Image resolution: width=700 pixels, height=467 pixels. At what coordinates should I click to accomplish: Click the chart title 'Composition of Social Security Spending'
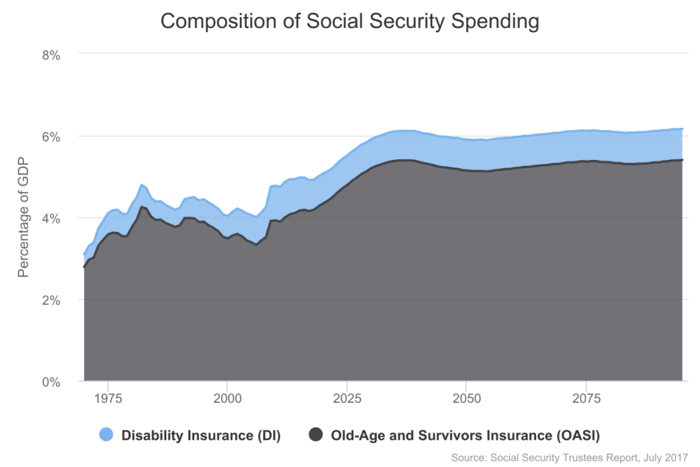coord(349,21)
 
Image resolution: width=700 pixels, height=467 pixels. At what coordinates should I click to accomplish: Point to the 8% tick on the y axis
coord(51,54)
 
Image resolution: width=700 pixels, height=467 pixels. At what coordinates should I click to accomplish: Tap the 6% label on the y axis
coord(51,136)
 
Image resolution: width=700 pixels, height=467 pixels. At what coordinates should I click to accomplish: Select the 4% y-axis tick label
coord(51,218)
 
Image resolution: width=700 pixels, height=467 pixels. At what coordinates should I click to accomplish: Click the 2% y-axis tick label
coord(51,300)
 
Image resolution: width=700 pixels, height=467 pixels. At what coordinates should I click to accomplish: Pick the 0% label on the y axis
coord(51,382)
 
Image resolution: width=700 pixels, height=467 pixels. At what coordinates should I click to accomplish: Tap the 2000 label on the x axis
coord(227,397)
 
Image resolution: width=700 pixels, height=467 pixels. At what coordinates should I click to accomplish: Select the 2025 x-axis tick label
coord(347,397)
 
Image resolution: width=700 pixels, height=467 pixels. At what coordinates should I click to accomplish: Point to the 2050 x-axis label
coord(466,397)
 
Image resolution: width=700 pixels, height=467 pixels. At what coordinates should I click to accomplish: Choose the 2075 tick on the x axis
coord(586,397)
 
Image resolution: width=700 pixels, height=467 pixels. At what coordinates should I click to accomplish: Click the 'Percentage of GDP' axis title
coord(23,217)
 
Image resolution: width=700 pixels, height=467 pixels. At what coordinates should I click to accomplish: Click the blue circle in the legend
coord(106,435)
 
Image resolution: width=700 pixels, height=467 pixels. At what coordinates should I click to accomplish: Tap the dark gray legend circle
coord(315,435)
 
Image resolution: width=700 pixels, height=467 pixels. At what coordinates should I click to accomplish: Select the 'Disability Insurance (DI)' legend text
coord(201,435)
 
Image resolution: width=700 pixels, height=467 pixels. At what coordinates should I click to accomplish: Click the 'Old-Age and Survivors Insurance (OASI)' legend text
coord(465,435)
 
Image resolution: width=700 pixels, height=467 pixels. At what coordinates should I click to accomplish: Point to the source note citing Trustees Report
coord(569,457)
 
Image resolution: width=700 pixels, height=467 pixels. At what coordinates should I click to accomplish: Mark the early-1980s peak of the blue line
coord(141,185)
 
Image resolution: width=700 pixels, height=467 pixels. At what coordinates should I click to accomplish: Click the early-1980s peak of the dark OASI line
coord(141,206)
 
